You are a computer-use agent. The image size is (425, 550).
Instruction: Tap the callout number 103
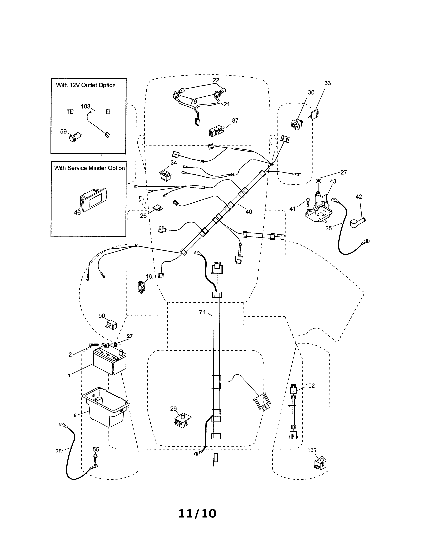click(85, 106)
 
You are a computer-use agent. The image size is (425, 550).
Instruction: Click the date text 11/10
click(197, 513)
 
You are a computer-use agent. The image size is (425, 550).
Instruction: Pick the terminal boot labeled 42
click(357, 223)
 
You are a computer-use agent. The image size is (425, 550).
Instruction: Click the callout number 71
click(202, 312)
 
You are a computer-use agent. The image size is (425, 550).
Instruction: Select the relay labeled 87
click(215, 131)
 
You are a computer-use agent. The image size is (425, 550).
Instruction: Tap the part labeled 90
click(111, 325)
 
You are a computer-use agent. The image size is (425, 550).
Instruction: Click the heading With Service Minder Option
click(89, 168)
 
